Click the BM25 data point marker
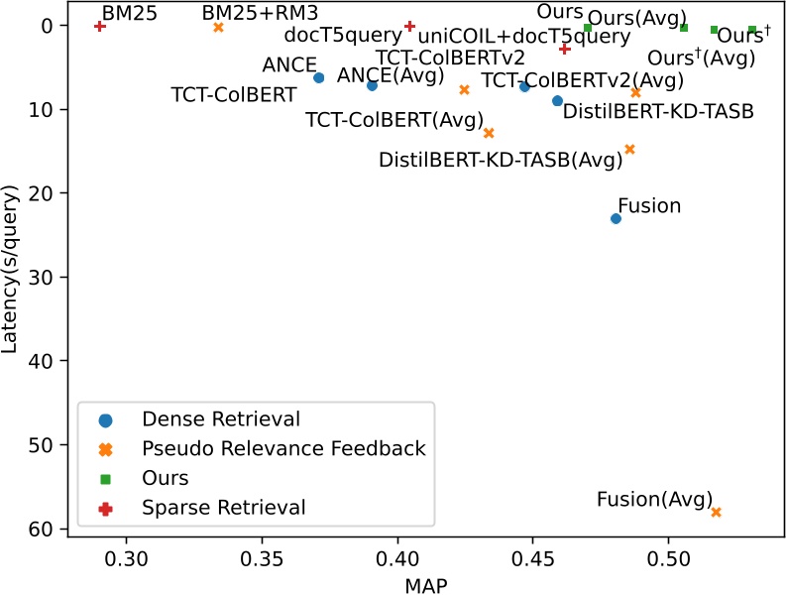100,26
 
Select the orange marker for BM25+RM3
218,28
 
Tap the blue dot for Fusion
616,218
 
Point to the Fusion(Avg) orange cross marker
717,512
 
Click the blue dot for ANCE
318,77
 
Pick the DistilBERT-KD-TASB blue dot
557,101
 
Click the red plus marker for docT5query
409,26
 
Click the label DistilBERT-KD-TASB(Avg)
501,159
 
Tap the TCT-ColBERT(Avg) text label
393,120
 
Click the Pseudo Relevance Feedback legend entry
283,449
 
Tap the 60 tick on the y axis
58,529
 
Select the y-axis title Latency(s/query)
13,278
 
